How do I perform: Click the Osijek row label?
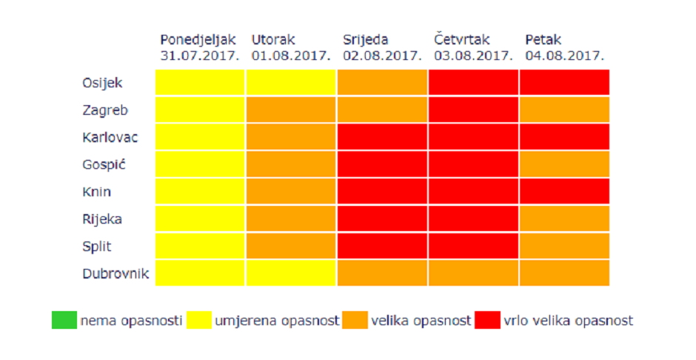(101, 83)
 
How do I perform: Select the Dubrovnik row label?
(115, 273)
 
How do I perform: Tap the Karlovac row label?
(110, 137)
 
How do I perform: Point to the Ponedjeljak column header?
(198, 40)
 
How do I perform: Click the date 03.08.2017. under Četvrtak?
(473, 56)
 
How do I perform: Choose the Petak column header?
(543, 40)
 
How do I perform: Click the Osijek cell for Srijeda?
(382, 82)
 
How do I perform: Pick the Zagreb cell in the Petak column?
(564, 110)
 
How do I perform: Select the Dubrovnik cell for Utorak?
(291, 273)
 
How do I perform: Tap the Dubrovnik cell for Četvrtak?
(473, 273)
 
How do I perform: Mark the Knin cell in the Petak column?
(564, 191)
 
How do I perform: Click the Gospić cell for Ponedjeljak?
(200, 164)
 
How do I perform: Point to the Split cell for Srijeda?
(382, 245)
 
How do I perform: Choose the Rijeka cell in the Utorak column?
(291, 219)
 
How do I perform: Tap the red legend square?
(487, 320)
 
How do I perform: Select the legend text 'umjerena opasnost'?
(277, 321)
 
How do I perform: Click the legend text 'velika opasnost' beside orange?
(421, 321)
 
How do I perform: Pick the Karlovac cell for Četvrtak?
(473, 137)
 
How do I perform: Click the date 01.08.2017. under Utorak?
(291, 56)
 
